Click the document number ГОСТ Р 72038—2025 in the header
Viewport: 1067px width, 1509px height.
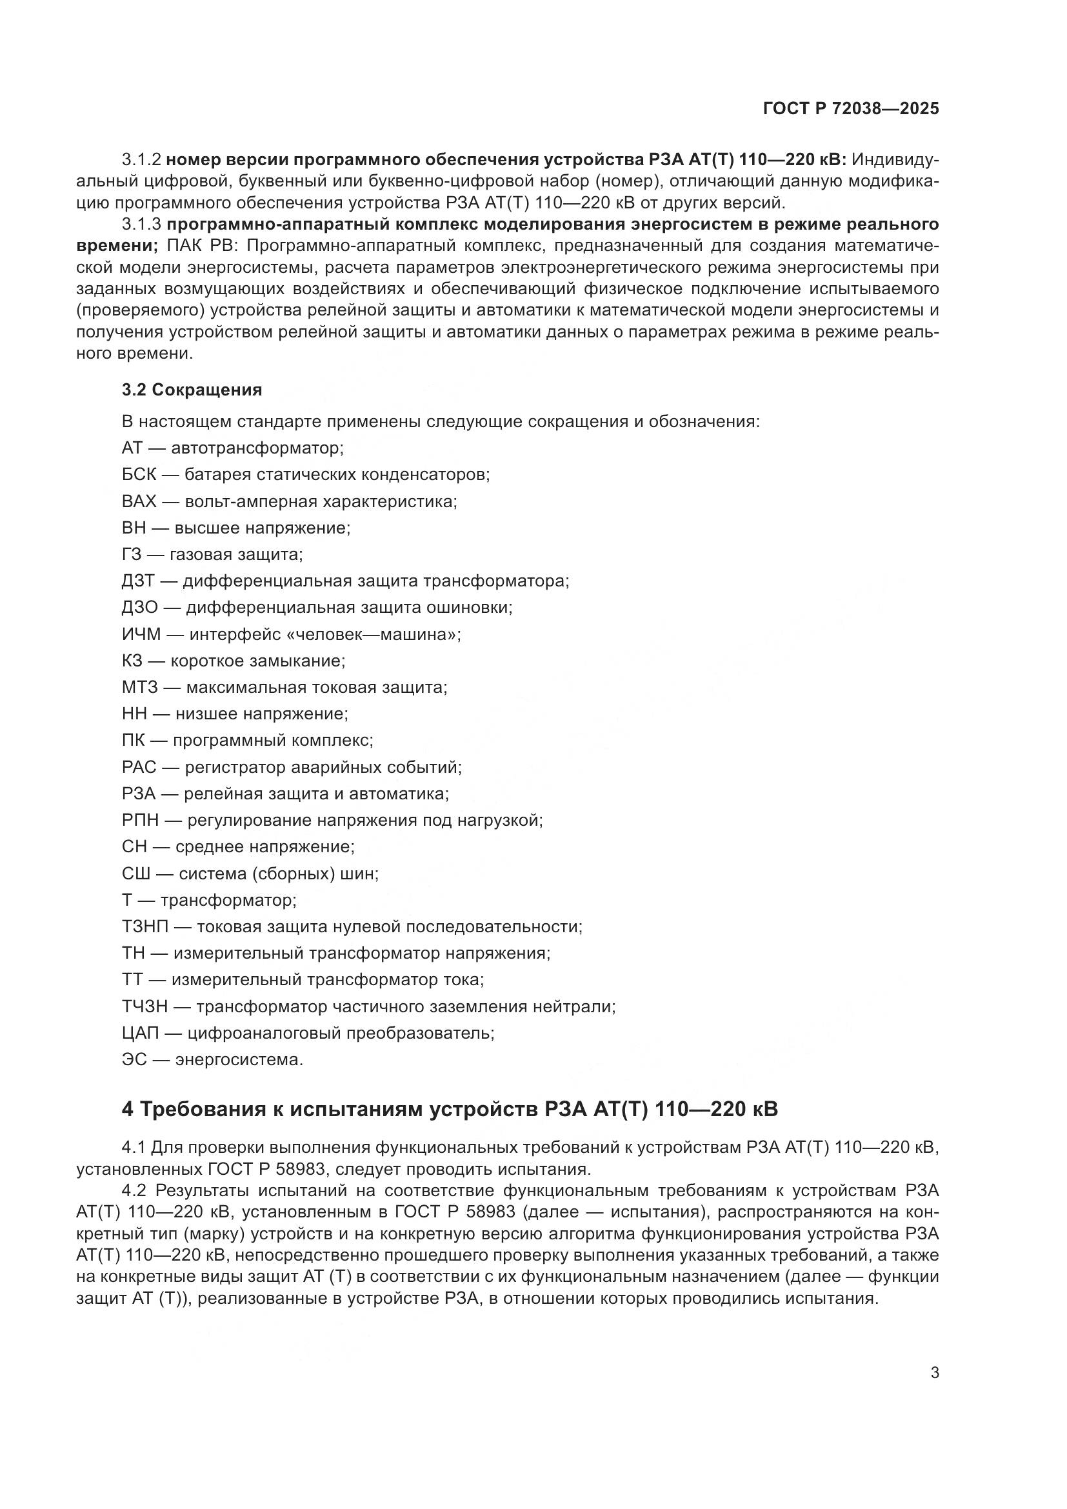pyautogui.click(x=851, y=109)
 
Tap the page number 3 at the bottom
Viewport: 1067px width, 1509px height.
pyautogui.click(x=935, y=1372)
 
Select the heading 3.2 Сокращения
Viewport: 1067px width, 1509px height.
pyautogui.click(x=192, y=390)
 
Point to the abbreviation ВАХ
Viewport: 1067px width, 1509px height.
pyautogui.click(x=139, y=501)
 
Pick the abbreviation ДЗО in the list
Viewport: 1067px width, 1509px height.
pyautogui.click(x=139, y=606)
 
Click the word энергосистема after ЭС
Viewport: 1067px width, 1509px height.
pyautogui.click(x=239, y=1059)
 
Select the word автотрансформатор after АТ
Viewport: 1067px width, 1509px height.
pyautogui.click(x=257, y=448)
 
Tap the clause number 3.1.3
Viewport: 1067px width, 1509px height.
pyautogui.click(x=141, y=224)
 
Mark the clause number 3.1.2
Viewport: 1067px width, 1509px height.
pyautogui.click(x=141, y=160)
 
